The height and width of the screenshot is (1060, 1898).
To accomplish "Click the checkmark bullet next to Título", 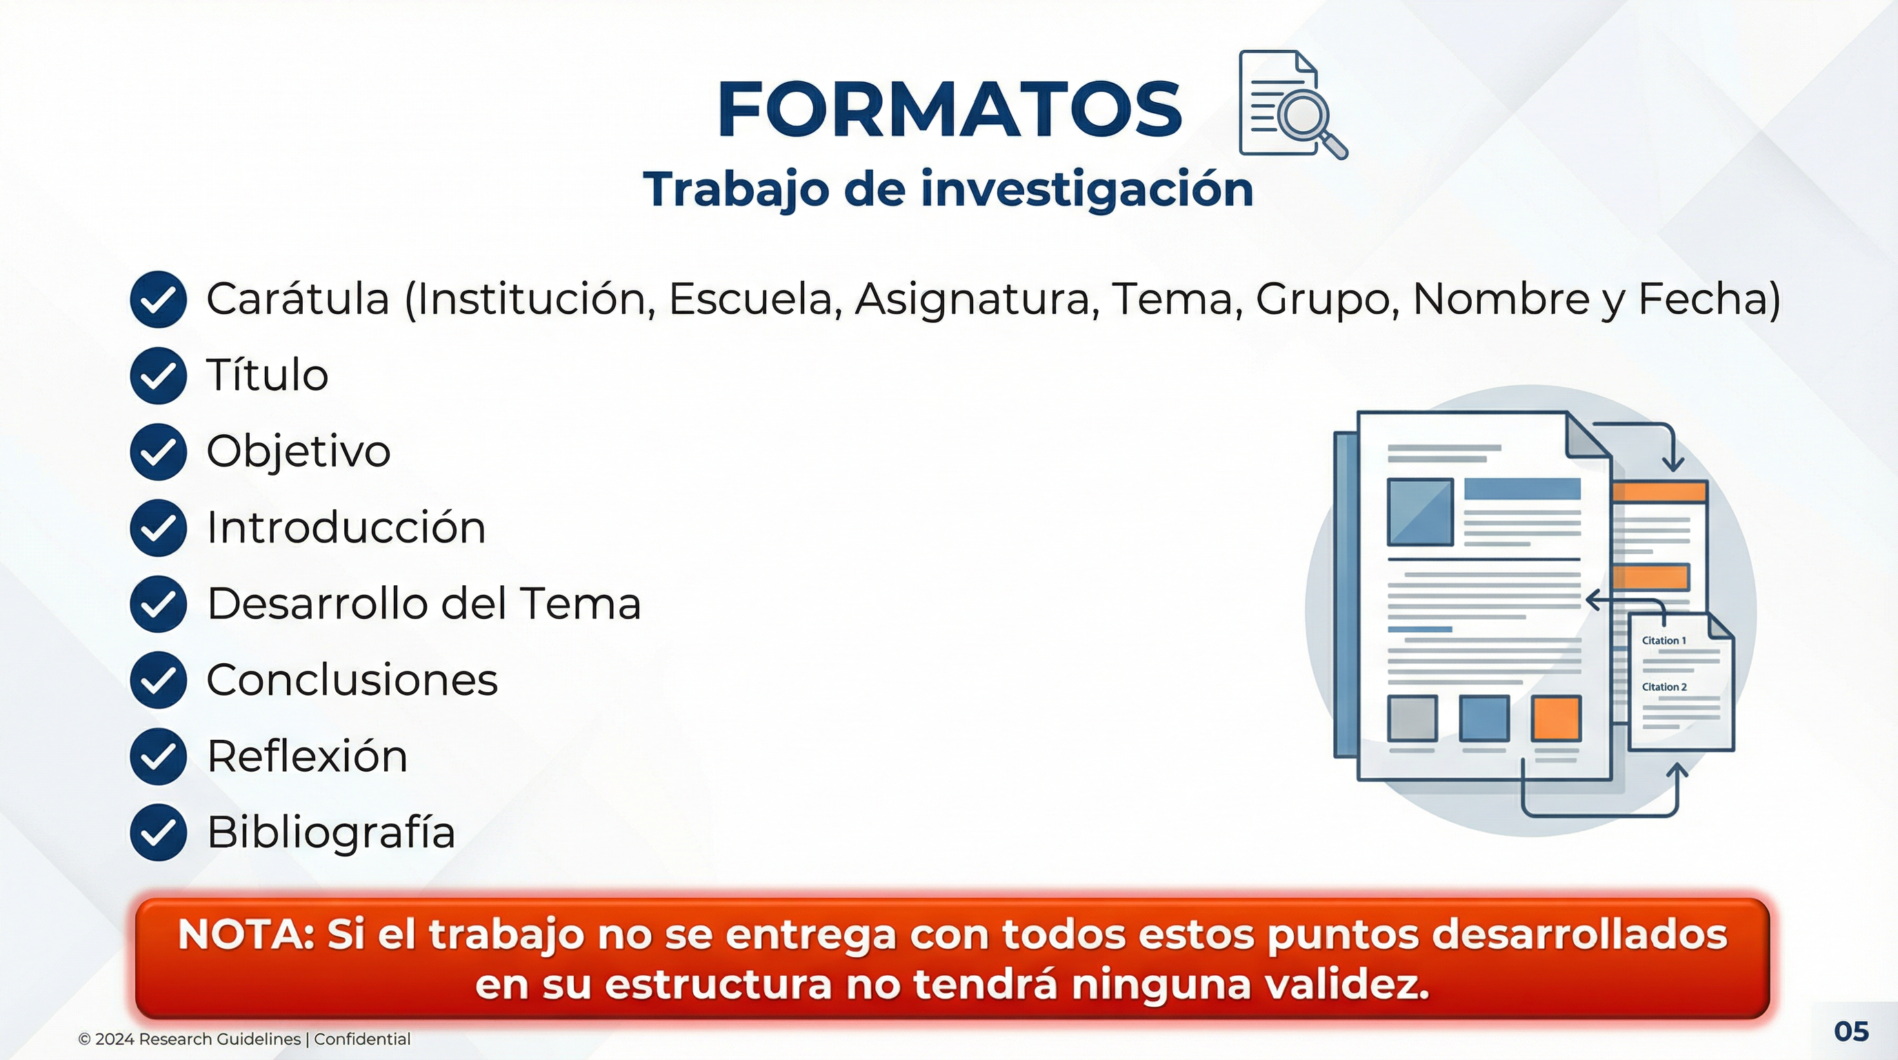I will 158,375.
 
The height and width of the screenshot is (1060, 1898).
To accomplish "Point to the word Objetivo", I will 299,451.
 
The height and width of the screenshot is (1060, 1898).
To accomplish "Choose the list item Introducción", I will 346,528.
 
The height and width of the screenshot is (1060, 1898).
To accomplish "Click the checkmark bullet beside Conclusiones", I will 158,680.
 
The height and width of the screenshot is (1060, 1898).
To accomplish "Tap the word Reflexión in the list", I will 307,756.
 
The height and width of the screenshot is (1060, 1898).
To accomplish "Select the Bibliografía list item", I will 331,832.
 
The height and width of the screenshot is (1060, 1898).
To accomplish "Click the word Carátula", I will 298,300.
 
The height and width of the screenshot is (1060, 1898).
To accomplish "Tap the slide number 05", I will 1852,1031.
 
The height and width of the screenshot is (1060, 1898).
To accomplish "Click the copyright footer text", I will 244,1039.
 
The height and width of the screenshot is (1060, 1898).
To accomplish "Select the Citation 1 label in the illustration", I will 1664,640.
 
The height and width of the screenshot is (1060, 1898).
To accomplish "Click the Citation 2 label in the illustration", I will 1664,687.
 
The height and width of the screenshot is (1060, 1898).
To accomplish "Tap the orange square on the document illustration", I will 1555,718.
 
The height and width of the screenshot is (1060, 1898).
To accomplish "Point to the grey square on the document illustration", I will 1412,718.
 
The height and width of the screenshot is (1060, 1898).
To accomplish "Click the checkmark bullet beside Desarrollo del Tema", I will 158,604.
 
